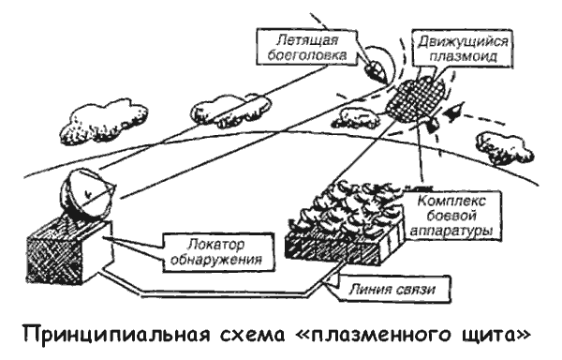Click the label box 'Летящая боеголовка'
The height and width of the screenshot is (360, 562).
[x=307, y=47]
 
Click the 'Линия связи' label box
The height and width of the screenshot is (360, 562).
[x=393, y=289]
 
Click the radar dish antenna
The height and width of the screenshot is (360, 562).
[x=87, y=195]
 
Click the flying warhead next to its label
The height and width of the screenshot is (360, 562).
[x=375, y=70]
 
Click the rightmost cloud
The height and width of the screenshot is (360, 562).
[x=504, y=148]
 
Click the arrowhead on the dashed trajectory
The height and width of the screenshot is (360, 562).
[x=452, y=111]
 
